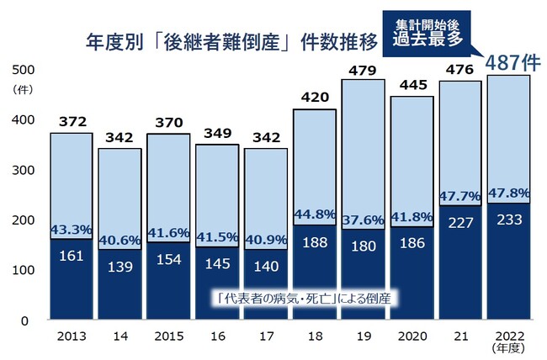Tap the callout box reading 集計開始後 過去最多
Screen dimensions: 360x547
pyautogui.click(x=428, y=31)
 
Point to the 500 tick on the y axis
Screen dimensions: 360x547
pyautogui.click(x=24, y=69)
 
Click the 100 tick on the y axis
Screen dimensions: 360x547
pyautogui.click(x=24, y=270)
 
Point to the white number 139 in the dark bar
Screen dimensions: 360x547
pyautogui.click(x=119, y=266)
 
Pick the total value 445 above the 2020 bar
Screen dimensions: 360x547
pyautogui.click(x=412, y=84)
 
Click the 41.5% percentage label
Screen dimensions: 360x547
pyautogui.click(x=217, y=237)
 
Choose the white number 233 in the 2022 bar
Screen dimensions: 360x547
pyautogui.click(x=508, y=220)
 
